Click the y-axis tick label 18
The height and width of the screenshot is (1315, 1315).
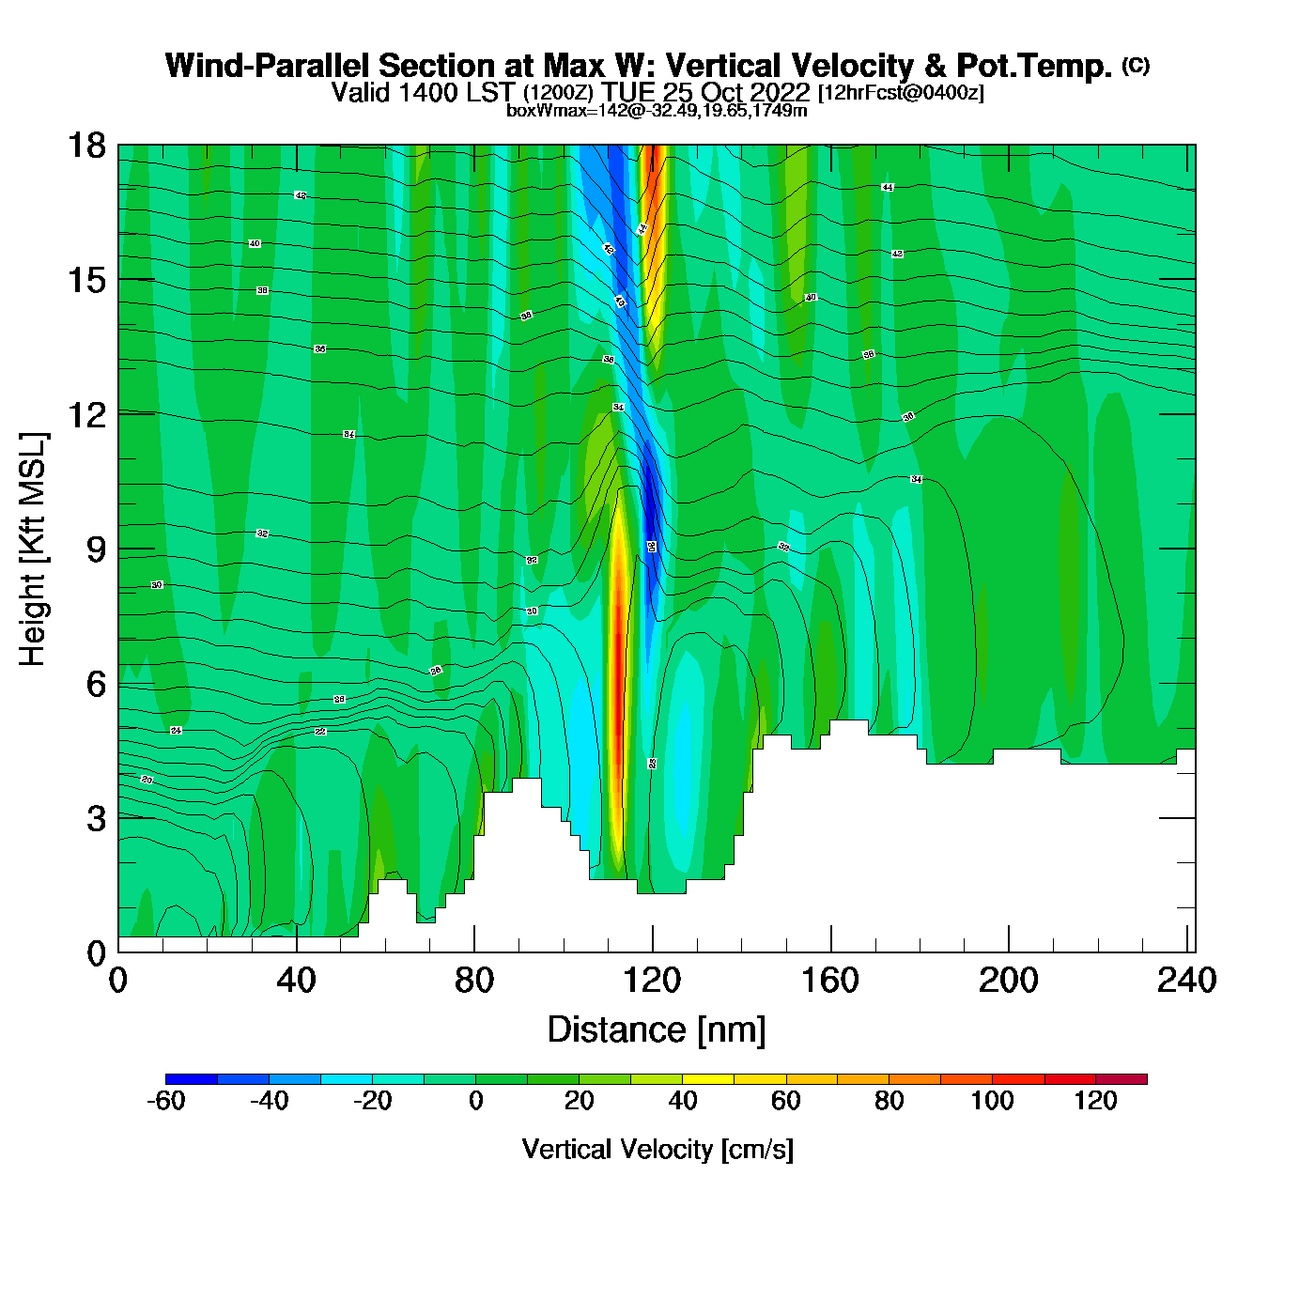click(x=86, y=146)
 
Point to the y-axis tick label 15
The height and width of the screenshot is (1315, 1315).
click(x=86, y=280)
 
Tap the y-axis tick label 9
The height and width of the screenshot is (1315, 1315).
click(x=96, y=549)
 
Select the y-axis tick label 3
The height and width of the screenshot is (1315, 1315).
click(x=96, y=819)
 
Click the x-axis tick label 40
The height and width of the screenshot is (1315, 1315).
click(x=296, y=981)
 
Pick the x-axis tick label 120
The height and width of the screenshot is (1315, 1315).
click(x=652, y=981)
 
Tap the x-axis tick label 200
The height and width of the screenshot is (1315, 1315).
click(x=1008, y=981)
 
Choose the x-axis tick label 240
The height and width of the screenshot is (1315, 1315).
click(x=1186, y=981)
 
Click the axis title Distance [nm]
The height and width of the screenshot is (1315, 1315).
click(x=657, y=1030)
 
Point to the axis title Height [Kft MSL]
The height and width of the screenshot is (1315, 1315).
click(x=33, y=549)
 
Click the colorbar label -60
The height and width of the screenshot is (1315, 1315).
click(x=165, y=1101)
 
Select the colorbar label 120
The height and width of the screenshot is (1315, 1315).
click(x=1095, y=1101)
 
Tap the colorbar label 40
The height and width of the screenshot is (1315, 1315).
click(x=682, y=1101)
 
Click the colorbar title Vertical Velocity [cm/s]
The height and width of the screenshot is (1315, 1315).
click(x=657, y=1149)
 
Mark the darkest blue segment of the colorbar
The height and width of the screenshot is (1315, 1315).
click(x=192, y=1079)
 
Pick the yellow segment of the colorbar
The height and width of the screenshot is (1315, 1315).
click(x=707, y=1079)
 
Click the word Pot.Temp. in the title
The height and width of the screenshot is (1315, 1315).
click(x=1034, y=66)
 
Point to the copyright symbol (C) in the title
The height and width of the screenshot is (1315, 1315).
click(x=1136, y=65)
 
